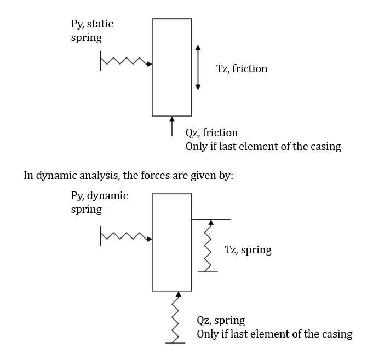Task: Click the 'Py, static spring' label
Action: coord(92,31)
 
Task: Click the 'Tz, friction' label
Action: coord(242,69)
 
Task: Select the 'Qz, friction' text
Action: coord(211,133)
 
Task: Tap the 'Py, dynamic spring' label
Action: coord(99,202)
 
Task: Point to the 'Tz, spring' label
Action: coord(248,250)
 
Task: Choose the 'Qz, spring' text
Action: coord(221,321)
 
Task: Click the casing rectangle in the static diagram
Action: coord(172,67)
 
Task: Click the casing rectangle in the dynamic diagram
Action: coord(172,242)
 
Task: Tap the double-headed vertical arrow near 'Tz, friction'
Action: coord(198,68)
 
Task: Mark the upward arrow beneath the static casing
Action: coord(172,125)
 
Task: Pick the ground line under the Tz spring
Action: coord(208,271)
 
